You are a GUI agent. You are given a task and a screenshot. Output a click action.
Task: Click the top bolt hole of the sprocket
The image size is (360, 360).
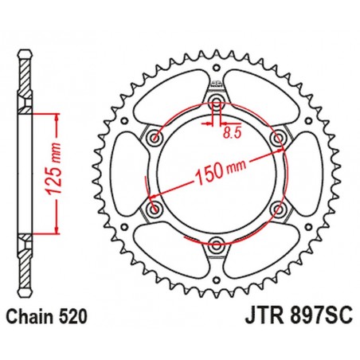[x=217, y=104]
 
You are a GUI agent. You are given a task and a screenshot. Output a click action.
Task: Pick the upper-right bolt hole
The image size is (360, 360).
[x=278, y=139]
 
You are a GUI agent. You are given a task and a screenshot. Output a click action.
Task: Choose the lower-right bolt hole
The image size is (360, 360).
[x=278, y=210]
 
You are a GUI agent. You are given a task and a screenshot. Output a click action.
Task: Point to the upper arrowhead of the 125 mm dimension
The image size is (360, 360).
[x=57, y=115]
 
